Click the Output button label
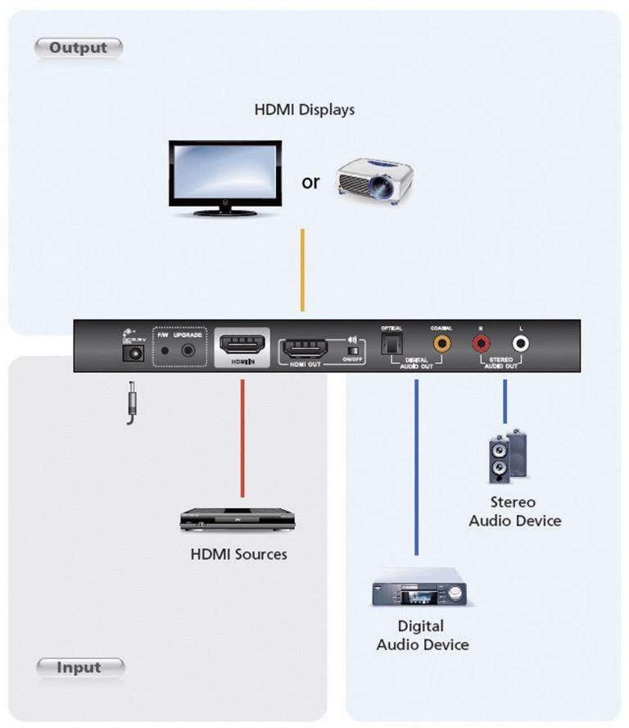78,48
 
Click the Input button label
79,667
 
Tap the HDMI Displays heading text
304,109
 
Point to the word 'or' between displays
310,182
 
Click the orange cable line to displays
303,270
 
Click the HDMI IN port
242,348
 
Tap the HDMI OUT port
305,348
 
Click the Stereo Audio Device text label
514,512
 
